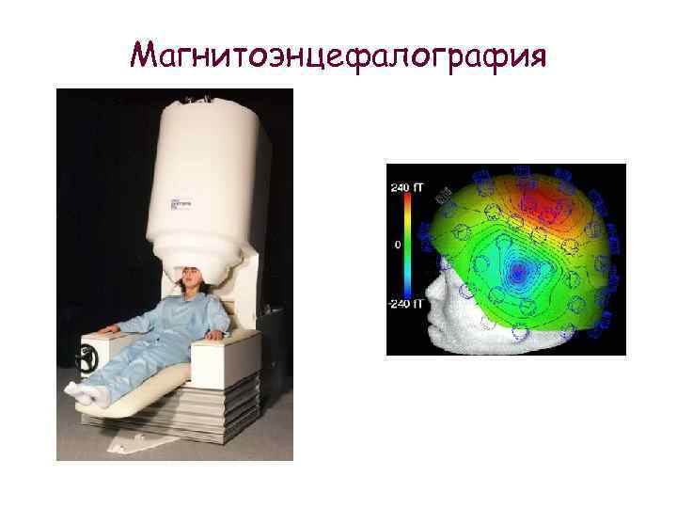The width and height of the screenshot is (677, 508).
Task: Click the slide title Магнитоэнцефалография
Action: coord(338,56)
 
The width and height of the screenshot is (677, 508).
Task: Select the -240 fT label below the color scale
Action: coord(403,303)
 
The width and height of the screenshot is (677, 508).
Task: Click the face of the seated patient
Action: coord(185,280)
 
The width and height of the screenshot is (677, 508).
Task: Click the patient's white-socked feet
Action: coord(89,395)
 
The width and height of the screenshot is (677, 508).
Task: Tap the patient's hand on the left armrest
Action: coord(112,328)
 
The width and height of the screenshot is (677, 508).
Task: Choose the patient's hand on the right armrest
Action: coord(223,334)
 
